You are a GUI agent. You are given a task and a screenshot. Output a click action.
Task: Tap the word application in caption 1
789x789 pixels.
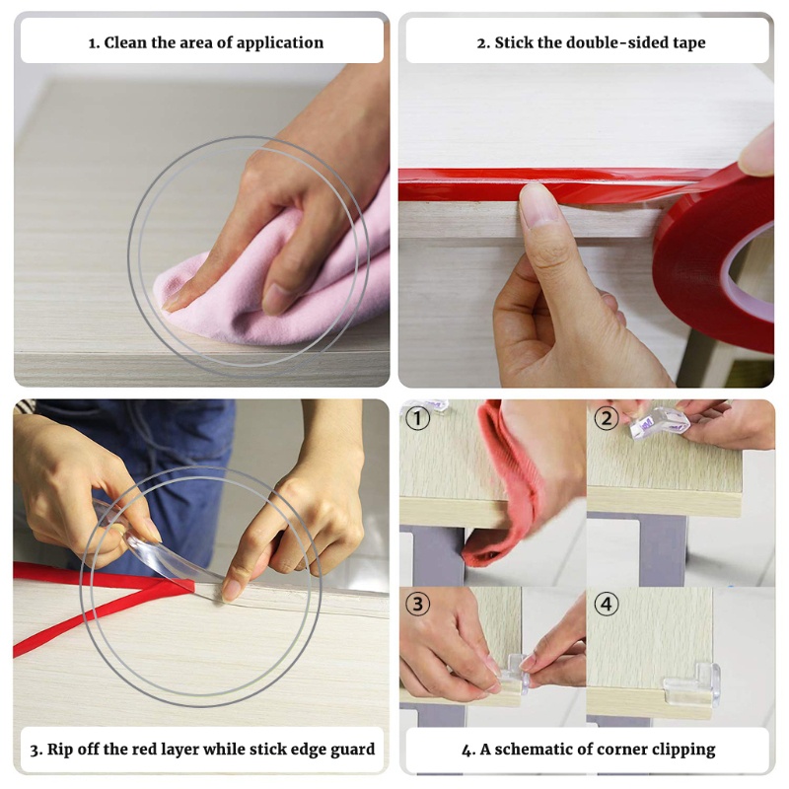click(280, 43)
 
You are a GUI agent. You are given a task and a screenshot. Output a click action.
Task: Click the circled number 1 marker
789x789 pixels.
click(417, 418)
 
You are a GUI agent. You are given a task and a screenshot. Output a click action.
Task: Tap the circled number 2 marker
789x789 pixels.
click(607, 418)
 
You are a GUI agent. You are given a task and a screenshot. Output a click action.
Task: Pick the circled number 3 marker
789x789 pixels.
click(417, 604)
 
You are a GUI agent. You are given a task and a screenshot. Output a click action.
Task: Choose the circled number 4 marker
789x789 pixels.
click(607, 604)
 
